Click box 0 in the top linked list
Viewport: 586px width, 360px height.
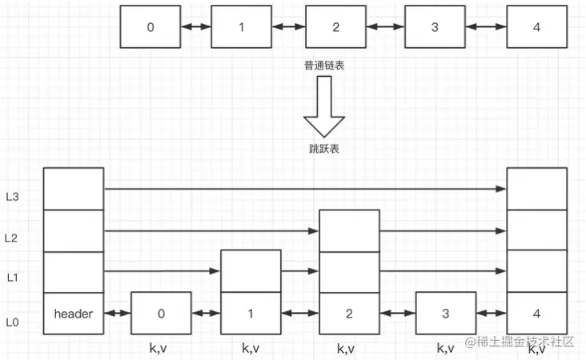(x=151, y=26)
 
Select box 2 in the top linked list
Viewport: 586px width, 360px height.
(x=335, y=26)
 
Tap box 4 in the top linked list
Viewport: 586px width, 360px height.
(x=536, y=26)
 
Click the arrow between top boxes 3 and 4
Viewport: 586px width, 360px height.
(x=486, y=26)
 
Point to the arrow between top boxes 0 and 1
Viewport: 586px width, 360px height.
(x=196, y=26)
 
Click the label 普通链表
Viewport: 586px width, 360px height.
(x=324, y=66)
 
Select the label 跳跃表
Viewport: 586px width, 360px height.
(x=324, y=149)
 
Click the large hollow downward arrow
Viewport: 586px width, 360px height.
(x=324, y=106)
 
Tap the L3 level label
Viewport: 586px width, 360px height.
(x=12, y=197)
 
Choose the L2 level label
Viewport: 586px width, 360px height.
(x=11, y=238)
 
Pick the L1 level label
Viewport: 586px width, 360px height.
(x=12, y=278)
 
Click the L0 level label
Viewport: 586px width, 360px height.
(x=12, y=322)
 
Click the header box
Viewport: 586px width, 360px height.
(x=74, y=314)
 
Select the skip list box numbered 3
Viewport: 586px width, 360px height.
(x=446, y=313)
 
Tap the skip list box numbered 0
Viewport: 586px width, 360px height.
(x=161, y=313)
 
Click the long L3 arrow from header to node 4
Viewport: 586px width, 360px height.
(x=305, y=189)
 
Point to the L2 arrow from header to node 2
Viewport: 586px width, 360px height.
(x=211, y=231)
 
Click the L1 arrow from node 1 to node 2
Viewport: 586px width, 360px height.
(x=299, y=271)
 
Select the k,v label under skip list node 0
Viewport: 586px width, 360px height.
(x=158, y=349)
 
